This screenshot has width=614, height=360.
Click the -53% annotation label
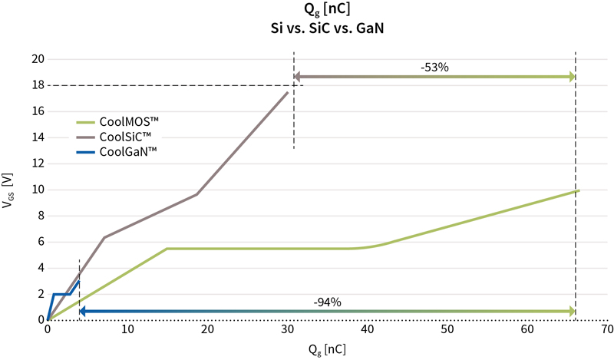(x=434, y=68)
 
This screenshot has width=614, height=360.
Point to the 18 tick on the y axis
(x=35, y=85)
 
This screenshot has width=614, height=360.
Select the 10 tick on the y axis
(x=35, y=190)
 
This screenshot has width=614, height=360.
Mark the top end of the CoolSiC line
(x=288, y=92)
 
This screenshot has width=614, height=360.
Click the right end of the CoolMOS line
(x=578, y=190)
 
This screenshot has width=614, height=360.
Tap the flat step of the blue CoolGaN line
(x=61, y=294)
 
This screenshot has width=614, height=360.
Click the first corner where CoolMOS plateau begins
(x=167, y=249)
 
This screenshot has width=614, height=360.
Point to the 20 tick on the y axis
(x=35, y=59)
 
